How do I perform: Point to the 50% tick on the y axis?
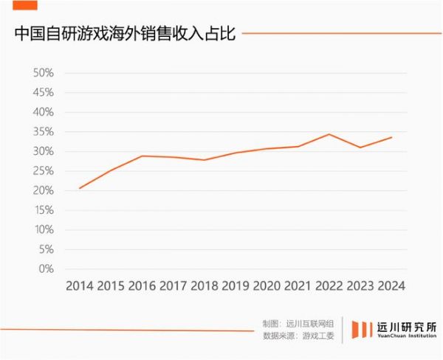(44, 73)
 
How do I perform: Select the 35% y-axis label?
(44, 132)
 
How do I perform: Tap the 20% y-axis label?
(44, 190)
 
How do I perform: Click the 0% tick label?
(47, 269)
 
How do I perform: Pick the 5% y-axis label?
(47, 249)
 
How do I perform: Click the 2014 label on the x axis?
(80, 285)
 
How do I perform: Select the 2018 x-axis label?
(205, 285)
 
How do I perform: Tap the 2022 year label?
(329, 285)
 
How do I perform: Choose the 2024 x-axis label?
(391, 285)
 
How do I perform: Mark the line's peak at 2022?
(329, 134)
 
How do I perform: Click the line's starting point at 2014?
(80, 188)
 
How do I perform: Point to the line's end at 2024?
(391, 137)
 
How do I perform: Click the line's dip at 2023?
(360, 148)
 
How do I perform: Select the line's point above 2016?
(142, 156)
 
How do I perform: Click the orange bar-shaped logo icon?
(362, 330)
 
